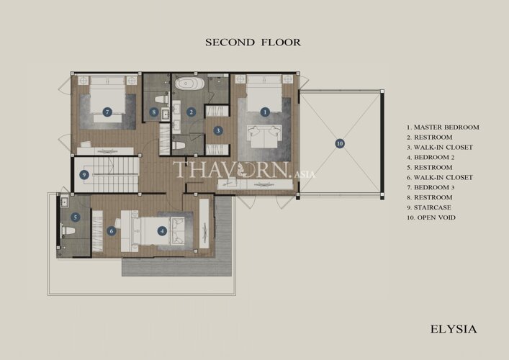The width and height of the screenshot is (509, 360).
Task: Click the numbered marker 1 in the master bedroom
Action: pyautogui.click(x=265, y=112)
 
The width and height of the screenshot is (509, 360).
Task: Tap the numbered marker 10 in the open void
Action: pyautogui.click(x=340, y=143)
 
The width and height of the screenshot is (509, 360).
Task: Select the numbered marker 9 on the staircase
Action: pyautogui.click(x=84, y=175)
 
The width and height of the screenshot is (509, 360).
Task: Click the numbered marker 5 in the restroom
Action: pyautogui.click(x=76, y=217)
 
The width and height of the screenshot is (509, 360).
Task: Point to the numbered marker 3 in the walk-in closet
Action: pyautogui.click(x=218, y=131)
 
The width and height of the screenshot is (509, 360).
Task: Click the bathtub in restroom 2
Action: pyautogui.click(x=190, y=84)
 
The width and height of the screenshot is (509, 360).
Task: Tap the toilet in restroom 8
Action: pyautogui.click(x=161, y=99)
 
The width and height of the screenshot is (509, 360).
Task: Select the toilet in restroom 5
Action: pyautogui.click(x=68, y=231)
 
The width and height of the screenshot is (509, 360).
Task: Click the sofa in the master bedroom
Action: pyautogui.click(x=263, y=136)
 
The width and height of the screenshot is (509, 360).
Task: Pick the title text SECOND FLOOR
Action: pyautogui.click(x=253, y=42)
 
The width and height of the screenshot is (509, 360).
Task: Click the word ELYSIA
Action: pyautogui.click(x=454, y=329)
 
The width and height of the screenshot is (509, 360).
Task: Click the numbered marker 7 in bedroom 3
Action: pyautogui.click(x=107, y=112)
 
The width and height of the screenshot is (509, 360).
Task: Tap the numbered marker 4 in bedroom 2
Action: pyautogui.click(x=162, y=231)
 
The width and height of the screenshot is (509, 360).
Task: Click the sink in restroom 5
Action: pyautogui.click(x=64, y=202)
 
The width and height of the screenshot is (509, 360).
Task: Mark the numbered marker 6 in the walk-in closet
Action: pyautogui.click(x=112, y=231)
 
